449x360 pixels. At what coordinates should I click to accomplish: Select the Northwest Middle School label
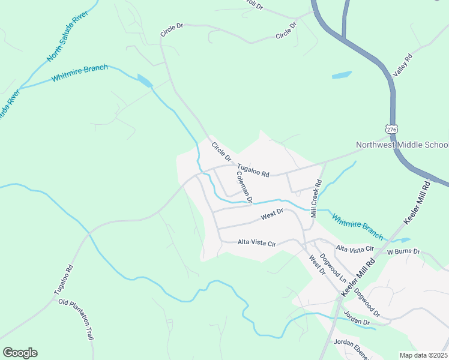click(x=402, y=145)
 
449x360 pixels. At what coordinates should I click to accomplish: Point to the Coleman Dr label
click(x=244, y=186)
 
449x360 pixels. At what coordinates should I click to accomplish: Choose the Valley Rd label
click(x=403, y=65)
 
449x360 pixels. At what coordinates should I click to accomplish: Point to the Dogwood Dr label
click(x=367, y=304)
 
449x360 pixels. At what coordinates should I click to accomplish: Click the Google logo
click(x=20, y=353)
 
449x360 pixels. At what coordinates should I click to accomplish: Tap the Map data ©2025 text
click(x=423, y=355)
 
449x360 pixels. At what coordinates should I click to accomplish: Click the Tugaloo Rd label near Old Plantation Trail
click(x=63, y=280)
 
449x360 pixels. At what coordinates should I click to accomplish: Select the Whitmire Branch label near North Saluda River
click(x=79, y=74)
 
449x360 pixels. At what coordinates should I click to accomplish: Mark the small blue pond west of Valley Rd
click(x=342, y=76)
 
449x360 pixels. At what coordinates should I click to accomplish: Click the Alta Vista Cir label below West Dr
click(x=256, y=243)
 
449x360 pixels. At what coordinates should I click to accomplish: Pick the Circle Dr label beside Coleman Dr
click(x=221, y=151)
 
